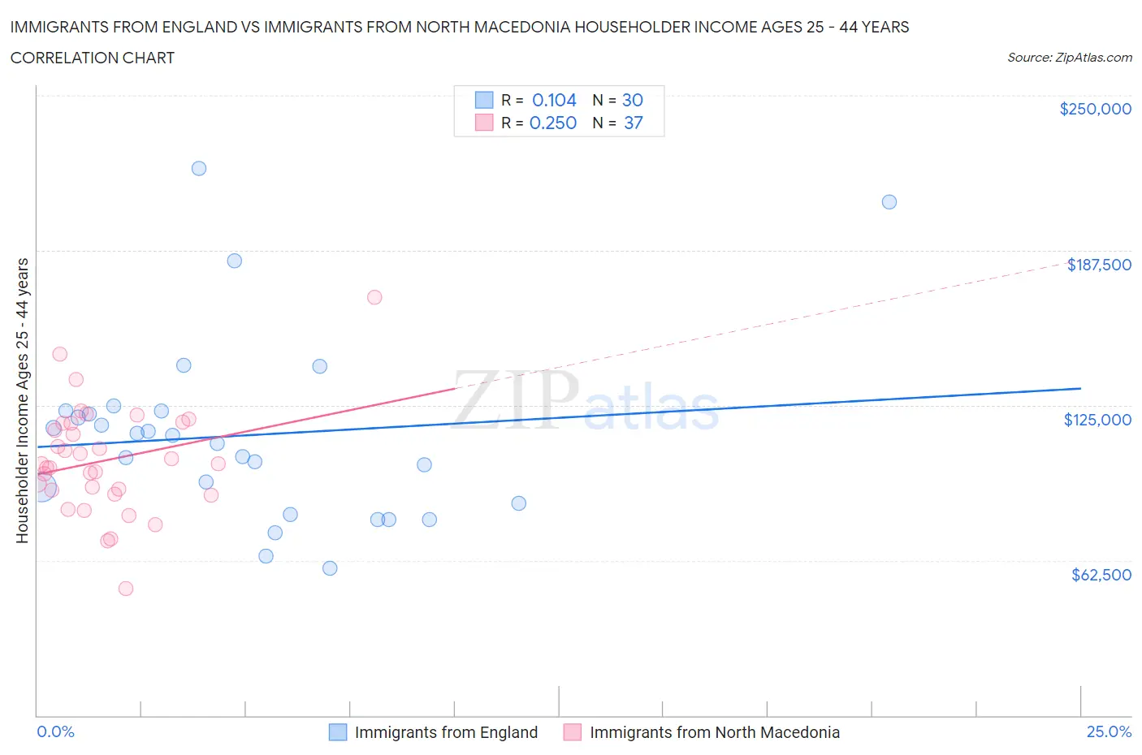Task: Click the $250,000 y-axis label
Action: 1095,109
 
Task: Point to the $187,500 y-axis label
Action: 1098,265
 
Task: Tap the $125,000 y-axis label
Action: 1097,420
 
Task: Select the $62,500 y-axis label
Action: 1101,575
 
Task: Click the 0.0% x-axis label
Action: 55,731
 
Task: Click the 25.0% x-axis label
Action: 1109,731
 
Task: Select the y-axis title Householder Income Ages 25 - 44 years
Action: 22,400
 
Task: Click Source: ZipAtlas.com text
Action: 1069,58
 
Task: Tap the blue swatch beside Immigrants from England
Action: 338,732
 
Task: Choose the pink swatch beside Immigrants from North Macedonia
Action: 573,732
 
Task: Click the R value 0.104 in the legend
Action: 554,100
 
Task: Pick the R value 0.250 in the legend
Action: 553,123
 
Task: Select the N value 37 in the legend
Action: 633,123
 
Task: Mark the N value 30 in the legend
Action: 632,100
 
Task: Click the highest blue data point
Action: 199,169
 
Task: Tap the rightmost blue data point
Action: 889,202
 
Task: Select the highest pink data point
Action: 374,297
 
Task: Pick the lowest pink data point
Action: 126,589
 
